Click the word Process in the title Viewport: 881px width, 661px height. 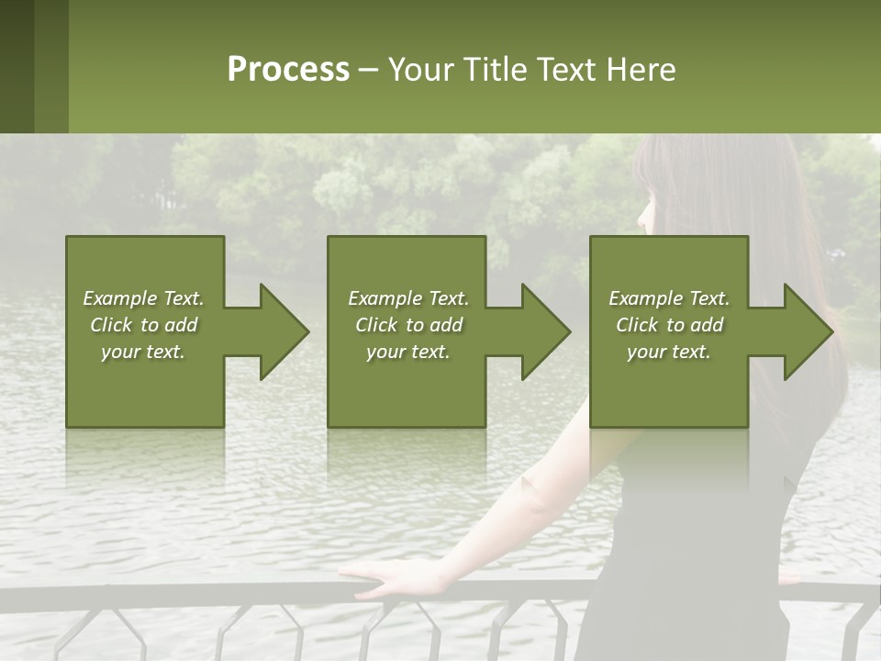(x=288, y=70)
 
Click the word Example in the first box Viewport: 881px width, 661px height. (x=119, y=298)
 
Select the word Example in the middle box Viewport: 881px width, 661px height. (x=385, y=298)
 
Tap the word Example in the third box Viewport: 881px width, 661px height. (x=645, y=298)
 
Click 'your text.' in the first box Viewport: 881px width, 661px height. (x=143, y=352)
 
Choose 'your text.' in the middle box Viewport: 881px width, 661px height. (x=407, y=352)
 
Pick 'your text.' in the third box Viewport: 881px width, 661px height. (x=669, y=352)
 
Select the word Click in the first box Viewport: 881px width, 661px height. (x=111, y=325)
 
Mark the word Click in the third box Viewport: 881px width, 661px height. (x=637, y=325)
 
